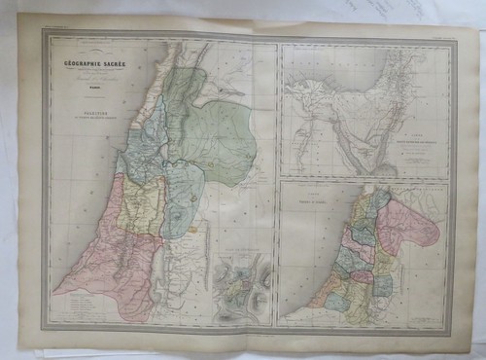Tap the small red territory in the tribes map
[x=362, y=276]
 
